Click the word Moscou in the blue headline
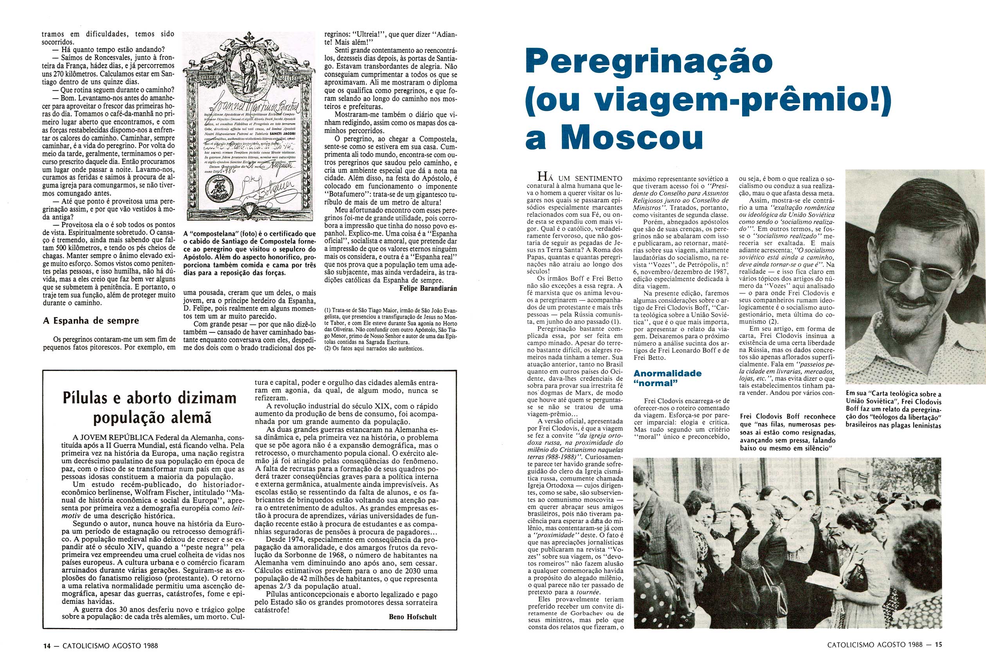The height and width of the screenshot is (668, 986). click(636, 138)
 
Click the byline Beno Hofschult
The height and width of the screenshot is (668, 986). click(413, 617)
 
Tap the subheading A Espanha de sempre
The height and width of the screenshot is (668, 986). click(91, 320)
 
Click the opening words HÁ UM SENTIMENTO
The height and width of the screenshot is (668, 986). click(580, 178)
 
